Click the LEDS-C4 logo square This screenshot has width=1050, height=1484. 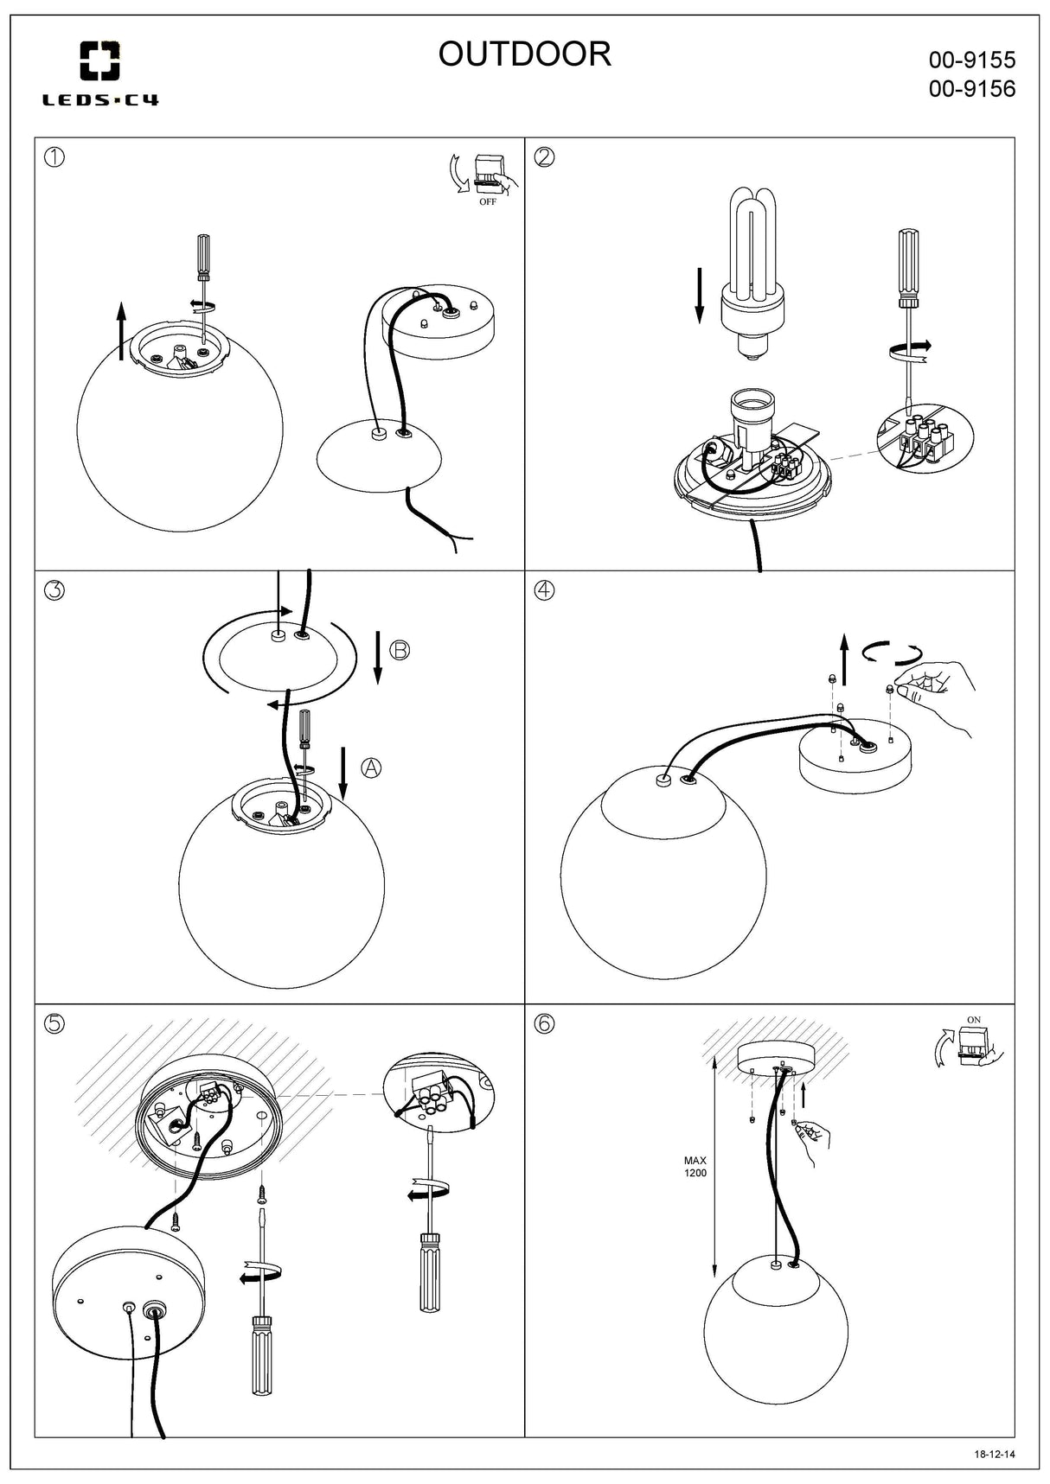100,61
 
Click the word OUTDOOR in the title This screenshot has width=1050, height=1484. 524,54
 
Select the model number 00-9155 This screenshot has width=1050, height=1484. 971,61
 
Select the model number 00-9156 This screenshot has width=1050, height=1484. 971,89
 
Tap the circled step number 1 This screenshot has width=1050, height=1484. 54,157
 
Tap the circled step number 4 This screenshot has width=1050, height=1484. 544,590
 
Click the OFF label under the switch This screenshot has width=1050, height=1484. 488,202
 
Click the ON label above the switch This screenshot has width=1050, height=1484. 974,1020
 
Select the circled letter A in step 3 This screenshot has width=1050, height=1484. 371,767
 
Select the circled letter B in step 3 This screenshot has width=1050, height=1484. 400,650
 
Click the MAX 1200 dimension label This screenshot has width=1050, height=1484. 695,1167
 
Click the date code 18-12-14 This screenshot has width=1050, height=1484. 994,1454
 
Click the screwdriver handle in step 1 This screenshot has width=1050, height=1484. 204,256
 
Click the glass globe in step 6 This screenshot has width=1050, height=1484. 775,1331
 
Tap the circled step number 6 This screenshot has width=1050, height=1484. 544,1023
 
